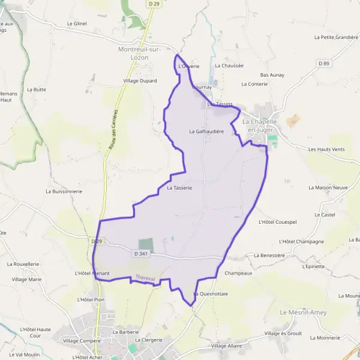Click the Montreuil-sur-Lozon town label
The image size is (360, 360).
(x=142, y=52)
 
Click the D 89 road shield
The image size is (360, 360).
(x=325, y=63)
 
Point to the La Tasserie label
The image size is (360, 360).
(x=179, y=188)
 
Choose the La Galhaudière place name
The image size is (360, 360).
(x=206, y=131)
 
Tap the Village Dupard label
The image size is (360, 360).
(x=140, y=80)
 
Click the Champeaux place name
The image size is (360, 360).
(x=238, y=272)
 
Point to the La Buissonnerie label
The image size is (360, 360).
(x=64, y=191)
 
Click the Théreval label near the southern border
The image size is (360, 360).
(x=145, y=278)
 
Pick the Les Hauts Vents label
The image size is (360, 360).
(x=326, y=149)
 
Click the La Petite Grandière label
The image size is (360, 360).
(x=336, y=37)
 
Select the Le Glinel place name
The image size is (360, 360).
(x=77, y=23)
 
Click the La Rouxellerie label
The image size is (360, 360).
(x=23, y=264)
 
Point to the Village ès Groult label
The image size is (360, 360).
(x=283, y=333)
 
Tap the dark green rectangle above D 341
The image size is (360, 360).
(x=146, y=244)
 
